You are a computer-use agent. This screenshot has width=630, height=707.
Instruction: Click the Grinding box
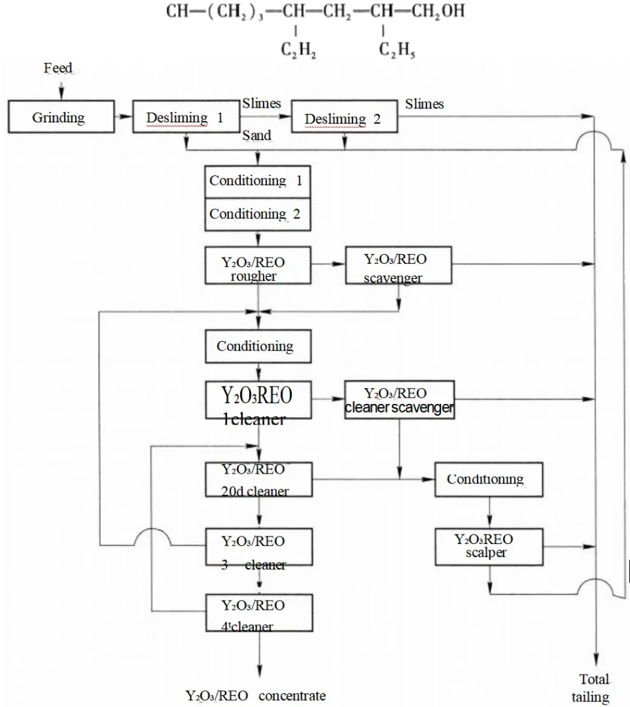click(58, 117)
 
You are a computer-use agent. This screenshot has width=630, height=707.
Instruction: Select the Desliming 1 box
click(185, 117)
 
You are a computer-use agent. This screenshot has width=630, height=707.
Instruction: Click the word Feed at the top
click(58, 68)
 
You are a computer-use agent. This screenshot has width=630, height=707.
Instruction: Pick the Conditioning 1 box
click(257, 181)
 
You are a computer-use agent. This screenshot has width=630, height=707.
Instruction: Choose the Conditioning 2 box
click(257, 214)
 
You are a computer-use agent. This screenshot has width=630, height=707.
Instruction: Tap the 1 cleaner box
click(257, 400)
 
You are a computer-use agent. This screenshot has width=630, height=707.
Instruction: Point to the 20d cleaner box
click(257, 480)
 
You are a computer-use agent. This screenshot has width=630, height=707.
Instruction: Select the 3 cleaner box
click(257, 549)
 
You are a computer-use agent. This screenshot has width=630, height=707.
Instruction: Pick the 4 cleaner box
click(257, 614)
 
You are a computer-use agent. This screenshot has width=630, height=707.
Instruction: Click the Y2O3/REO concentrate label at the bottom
click(255, 695)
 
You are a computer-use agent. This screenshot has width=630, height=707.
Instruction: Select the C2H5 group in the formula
click(397, 50)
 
